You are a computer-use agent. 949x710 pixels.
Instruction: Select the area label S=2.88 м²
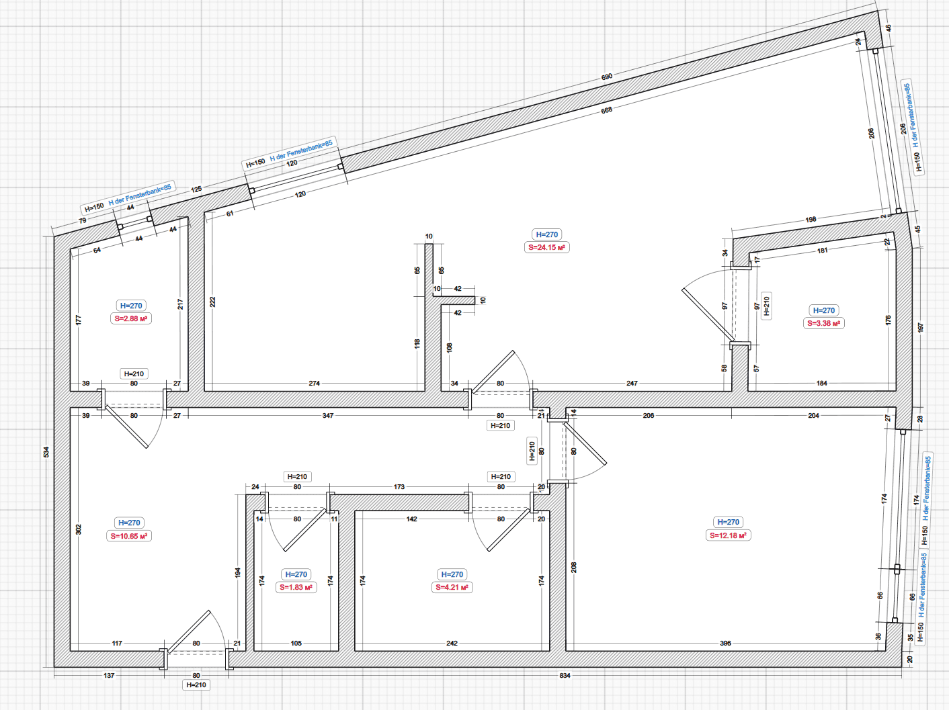131,318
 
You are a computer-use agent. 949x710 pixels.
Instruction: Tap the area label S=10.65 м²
129,536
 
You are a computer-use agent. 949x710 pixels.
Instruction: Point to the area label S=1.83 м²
296,587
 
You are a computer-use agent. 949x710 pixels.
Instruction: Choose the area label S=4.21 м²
452,587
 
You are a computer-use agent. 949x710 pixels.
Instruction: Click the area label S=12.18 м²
728,535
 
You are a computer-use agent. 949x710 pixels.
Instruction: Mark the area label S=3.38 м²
823,323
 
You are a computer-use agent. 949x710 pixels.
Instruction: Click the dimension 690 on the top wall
607,77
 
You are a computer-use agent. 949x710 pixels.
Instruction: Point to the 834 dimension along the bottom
565,676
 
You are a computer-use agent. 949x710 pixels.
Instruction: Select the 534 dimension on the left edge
46,452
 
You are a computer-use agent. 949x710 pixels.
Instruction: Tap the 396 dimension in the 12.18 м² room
725,644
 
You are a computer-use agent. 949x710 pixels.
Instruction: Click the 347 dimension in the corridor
328,416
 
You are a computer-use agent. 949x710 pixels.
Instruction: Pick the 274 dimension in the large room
314,384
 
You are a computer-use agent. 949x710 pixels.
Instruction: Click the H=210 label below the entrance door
196,685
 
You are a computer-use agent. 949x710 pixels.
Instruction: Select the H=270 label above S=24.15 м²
546,234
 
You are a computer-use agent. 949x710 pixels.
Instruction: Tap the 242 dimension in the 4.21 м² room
452,644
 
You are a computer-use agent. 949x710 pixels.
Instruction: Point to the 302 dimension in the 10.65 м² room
79,529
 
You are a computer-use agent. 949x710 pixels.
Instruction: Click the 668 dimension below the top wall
607,110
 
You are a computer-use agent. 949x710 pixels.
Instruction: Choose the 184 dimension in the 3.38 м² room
822,384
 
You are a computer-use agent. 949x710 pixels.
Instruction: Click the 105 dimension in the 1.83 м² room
296,644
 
